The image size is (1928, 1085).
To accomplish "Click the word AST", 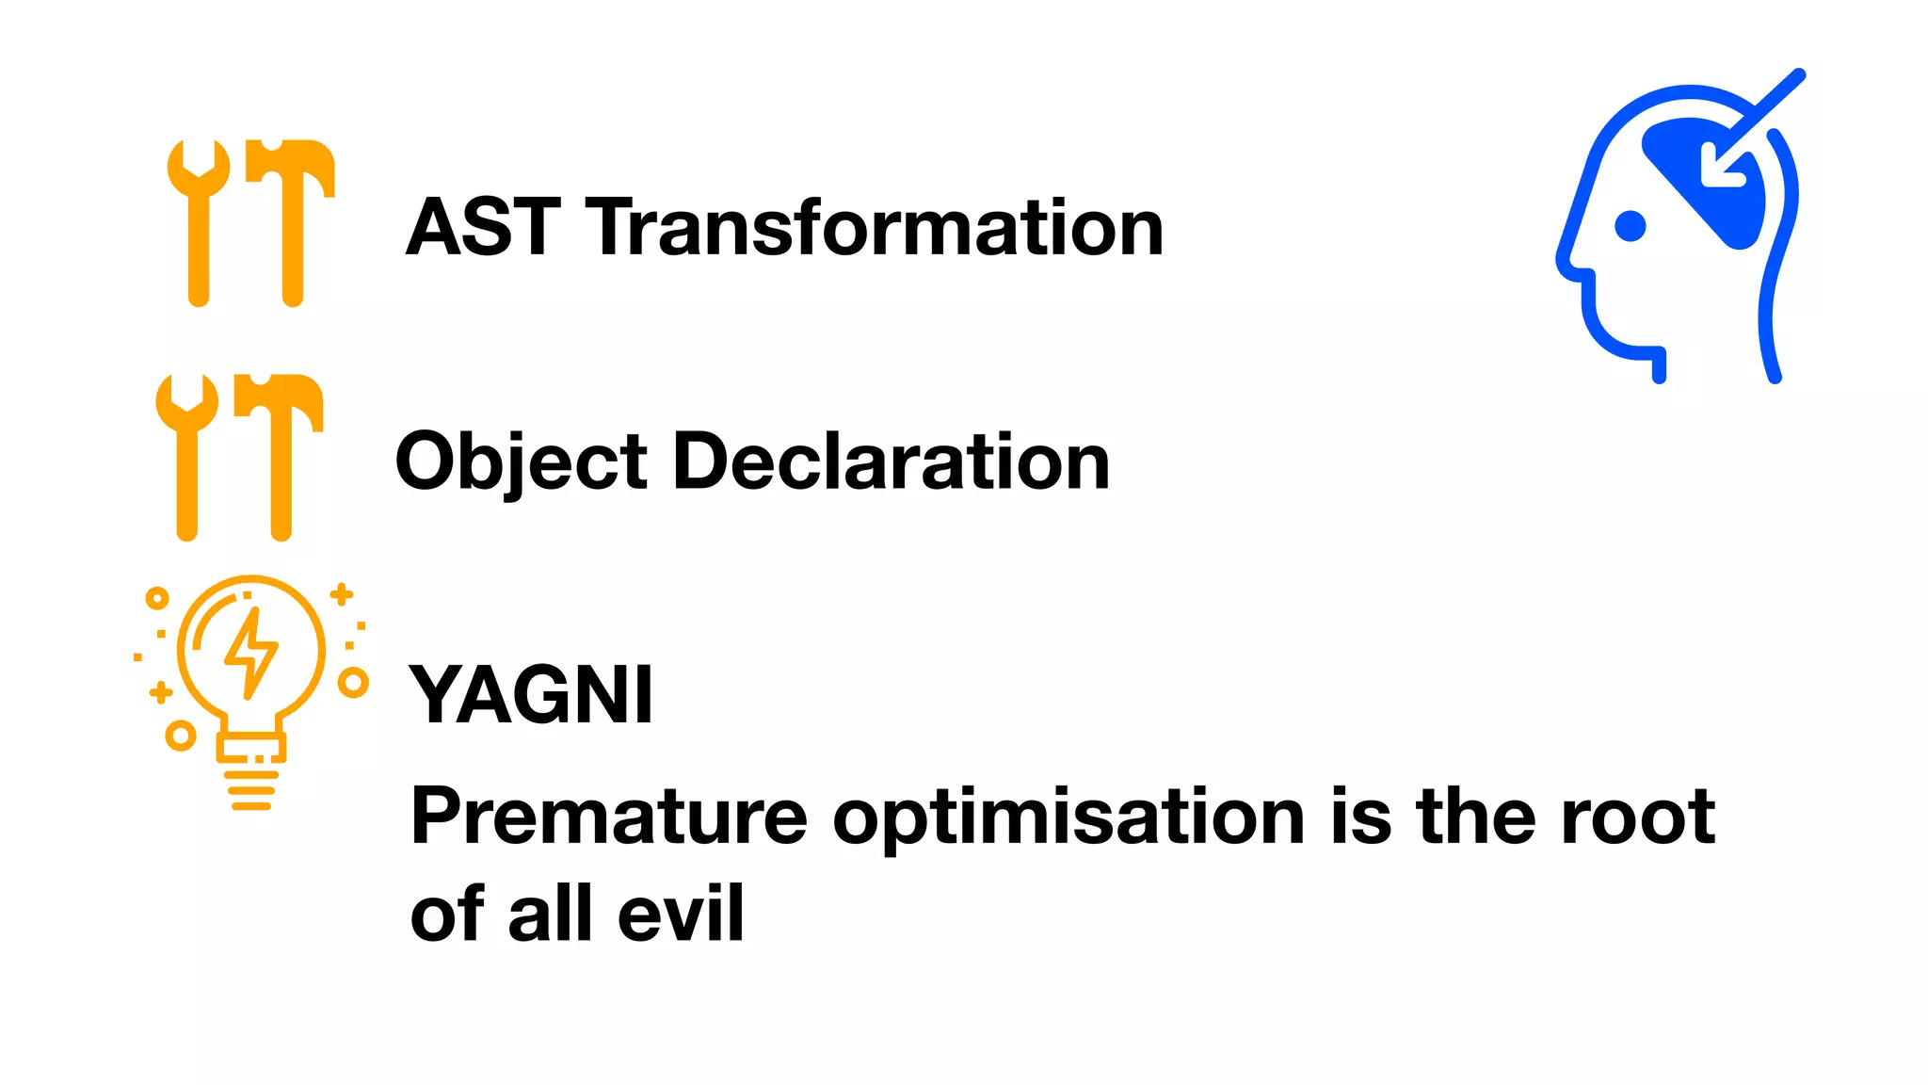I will (x=483, y=228).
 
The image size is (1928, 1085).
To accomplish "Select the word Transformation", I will (x=875, y=228).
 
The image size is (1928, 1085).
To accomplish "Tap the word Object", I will (x=521, y=462).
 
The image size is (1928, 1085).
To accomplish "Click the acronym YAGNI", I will (x=531, y=695).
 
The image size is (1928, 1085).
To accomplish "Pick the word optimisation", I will (x=1068, y=818).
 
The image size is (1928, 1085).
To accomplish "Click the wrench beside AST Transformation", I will (x=199, y=221).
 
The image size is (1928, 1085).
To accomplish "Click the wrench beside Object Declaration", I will (x=187, y=456).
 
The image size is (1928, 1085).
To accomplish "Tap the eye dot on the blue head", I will (x=1630, y=226).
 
